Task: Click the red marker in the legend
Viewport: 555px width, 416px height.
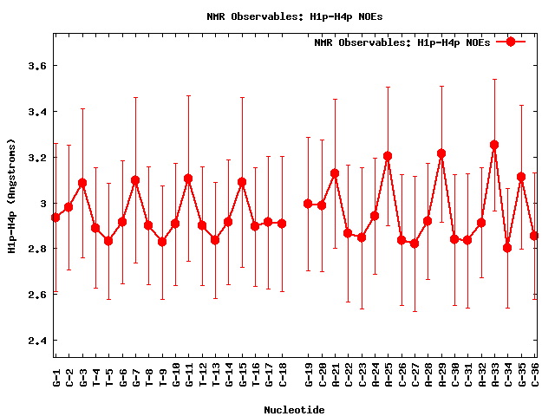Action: pyautogui.click(x=511, y=42)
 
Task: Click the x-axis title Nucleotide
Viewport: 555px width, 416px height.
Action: pyautogui.click(x=295, y=410)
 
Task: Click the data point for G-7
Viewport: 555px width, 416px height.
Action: pyautogui.click(x=135, y=180)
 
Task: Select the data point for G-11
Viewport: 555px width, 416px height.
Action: pyautogui.click(x=188, y=179)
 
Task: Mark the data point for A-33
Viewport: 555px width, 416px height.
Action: pyautogui.click(x=494, y=145)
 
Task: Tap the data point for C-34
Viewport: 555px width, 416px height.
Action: pyautogui.click(x=507, y=248)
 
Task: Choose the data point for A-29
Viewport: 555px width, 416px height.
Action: pyautogui.click(x=441, y=153)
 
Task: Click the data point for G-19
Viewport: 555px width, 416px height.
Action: pyautogui.click(x=308, y=204)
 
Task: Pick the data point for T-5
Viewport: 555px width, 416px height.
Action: pyautogui.click(x=108, y=241)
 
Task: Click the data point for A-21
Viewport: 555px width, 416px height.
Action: pyautogui.click(x=335, y=173)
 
